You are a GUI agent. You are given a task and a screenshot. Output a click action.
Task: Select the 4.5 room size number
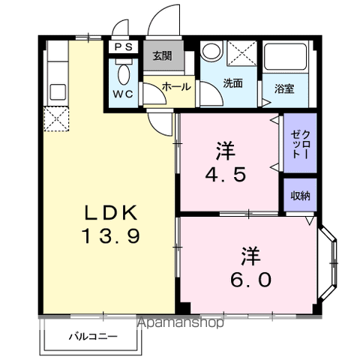pos(224,174)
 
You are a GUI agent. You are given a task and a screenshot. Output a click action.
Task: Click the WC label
pos(123,94)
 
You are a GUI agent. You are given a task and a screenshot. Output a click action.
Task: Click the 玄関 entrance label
pos(162,55)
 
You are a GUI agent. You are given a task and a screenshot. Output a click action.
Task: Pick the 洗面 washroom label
pos(232,83)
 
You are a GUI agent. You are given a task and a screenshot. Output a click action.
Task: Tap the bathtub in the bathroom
pos(285,61)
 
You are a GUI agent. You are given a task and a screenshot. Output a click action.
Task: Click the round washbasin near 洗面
pos(211,52)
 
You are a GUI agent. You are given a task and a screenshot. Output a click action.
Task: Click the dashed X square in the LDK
pos(56,118)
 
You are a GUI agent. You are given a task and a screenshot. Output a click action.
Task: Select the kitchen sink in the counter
pos(55,93)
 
